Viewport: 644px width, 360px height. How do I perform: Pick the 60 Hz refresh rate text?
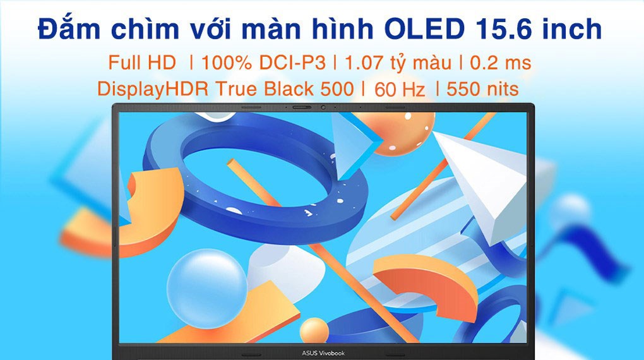pyautogui.click(x=399, y=90)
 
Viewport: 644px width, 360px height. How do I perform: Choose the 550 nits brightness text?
pyautogui.click(x=482, y=90)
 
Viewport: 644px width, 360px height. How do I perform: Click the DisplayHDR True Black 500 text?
pyautogui.click(x=225, y=90)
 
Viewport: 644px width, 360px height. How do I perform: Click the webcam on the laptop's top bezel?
pyautogui.click(x=323, y=107)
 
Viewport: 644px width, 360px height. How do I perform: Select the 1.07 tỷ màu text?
pyautogui.click(x=397, y=63)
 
